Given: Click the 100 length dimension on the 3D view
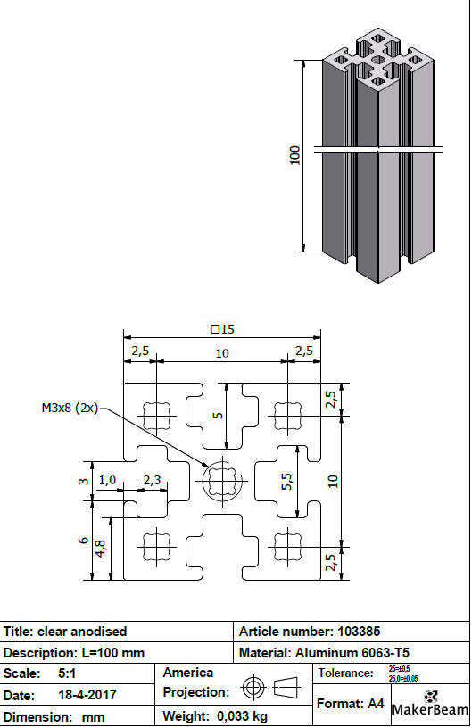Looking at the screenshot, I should [295, 155].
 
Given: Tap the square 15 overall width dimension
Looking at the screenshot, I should [222, 329].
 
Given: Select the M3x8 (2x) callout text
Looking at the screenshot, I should [70, 408].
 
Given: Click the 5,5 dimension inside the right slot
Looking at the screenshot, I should [287, 483].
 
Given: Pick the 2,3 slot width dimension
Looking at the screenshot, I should [152, 480].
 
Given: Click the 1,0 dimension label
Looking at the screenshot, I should [107, 480].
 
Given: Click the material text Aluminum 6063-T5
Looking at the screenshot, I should [354, 653].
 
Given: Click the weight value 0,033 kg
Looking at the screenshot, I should [235, 716].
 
